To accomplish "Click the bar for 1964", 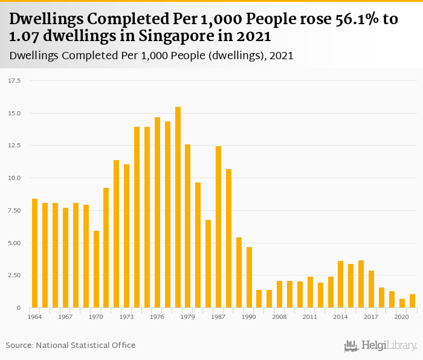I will [34, 253].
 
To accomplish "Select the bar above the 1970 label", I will [96, 269].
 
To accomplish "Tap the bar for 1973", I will [127, 236].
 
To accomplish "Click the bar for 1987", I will [219, 227].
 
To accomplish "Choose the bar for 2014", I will [341, 284].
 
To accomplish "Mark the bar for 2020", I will [402, 303].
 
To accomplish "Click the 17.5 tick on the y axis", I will [15, 80].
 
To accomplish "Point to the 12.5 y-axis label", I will [15, 146].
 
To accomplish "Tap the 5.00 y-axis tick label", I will [15, 243].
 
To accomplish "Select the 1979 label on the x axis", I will [188, 317].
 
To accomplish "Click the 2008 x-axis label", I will [280, 317].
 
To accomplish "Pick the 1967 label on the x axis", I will [65, 317].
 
